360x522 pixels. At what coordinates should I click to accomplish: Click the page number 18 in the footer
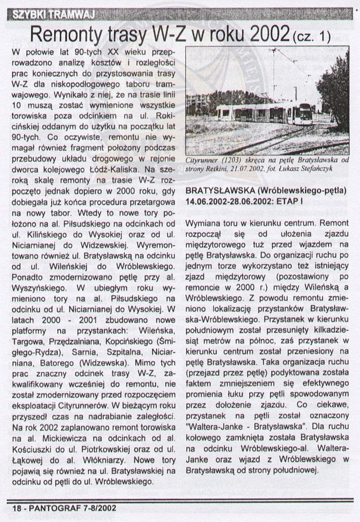tap(16, 507)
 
